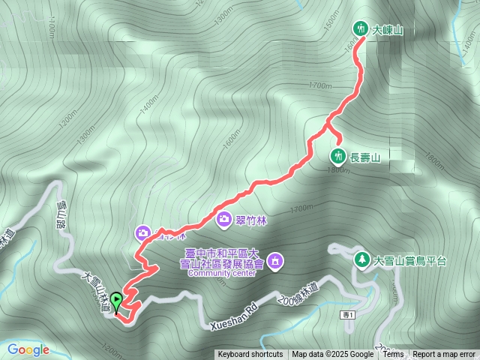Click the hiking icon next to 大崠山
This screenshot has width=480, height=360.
pyautogui.click(x=361, y=29)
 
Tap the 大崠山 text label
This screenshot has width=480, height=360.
pyautogui.click(x=388, y=30)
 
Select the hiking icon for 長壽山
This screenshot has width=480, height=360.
pyautogui.click(x=339, y=156)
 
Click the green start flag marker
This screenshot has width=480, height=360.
pyautogui.click(x=117, y=301)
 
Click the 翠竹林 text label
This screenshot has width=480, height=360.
pyautogui.click(x=253, y=219)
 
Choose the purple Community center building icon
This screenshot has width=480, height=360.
pyautogui.click(x=275, y=261)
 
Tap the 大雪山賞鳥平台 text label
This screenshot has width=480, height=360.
pyautogui.click(x=410, y=261)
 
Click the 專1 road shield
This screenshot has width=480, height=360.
pyautogui.click(x=346, y=313)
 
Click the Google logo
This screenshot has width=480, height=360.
pyautogui.click(x=28, y=349)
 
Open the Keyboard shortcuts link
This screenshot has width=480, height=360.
pyautogui.click(x=250, y=355)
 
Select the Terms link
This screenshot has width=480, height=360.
pyautogui.click(x=393, y=355)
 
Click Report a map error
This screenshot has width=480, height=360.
pyautogui.click(x=444, y=355)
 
